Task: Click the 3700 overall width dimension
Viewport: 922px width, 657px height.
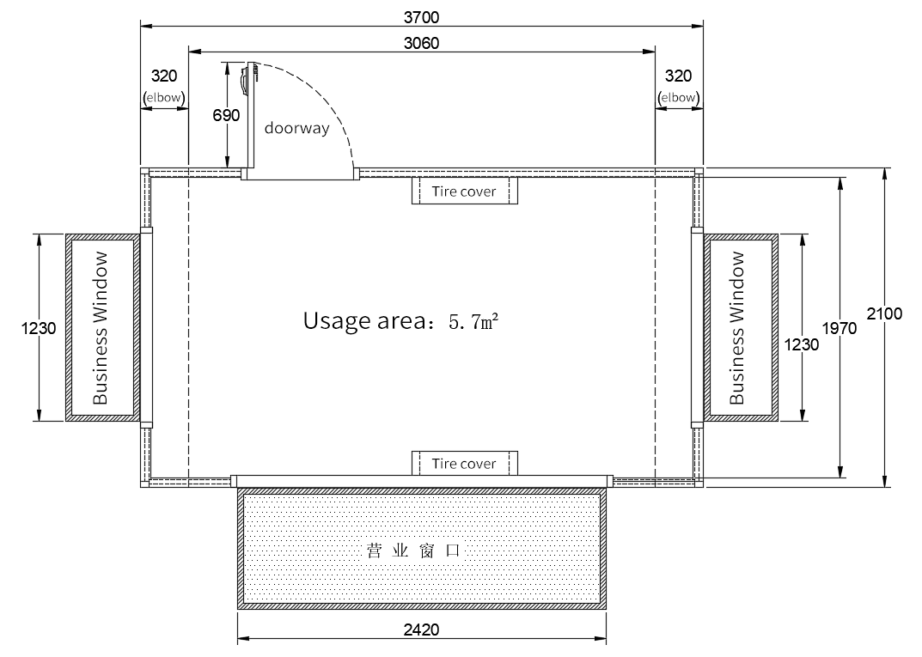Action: coord(421,18)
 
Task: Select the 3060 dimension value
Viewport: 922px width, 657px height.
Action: coord(421,44)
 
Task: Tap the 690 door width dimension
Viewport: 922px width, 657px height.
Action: coord(226,115)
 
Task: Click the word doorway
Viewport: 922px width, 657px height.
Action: coord(297,128)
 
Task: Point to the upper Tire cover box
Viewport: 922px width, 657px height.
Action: coord(465,191)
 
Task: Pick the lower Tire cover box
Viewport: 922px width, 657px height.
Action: coord(465,463)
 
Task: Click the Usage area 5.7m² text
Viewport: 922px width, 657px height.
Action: coord(401,321)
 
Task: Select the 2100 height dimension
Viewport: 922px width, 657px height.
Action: coord(884,313)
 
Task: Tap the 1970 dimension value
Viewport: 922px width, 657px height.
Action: coord(840,328)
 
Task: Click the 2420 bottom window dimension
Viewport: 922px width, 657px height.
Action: coord(421,630)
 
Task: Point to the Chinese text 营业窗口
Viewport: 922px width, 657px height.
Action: coord(412,551)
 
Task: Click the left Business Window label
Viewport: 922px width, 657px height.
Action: coord(101,328)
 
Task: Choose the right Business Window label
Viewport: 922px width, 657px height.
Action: coord(736,328)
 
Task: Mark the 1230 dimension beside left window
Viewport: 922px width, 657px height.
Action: coord(39,328)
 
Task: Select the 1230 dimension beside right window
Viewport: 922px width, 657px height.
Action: coord(802,344)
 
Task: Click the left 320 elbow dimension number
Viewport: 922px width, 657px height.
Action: coord(164,76)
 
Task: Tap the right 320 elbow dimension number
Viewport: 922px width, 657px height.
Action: coord(678,76)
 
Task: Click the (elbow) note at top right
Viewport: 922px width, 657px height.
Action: coord(678,98)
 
